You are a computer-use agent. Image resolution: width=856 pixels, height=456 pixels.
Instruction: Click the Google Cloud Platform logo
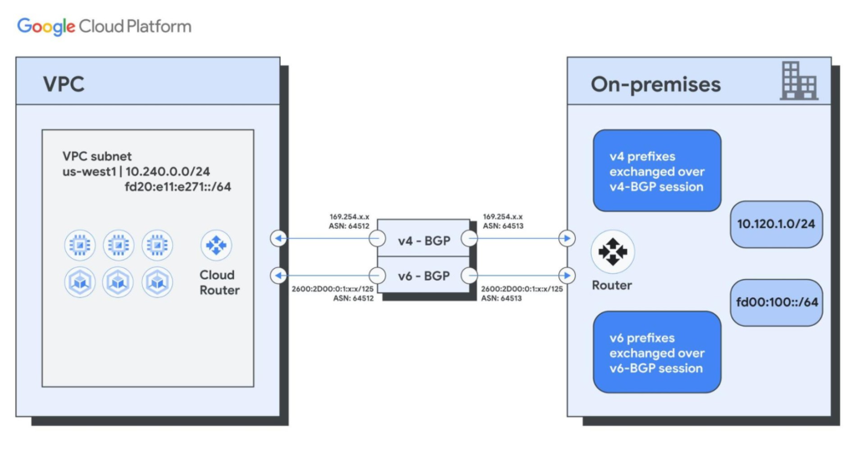click(x=104, y=26)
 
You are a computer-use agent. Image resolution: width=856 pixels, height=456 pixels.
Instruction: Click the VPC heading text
click(x=64, y=84)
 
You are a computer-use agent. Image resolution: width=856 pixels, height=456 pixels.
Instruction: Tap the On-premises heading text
click(x=655, y=84)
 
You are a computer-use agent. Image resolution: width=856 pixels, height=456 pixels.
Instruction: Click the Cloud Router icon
click(x=217, y=246)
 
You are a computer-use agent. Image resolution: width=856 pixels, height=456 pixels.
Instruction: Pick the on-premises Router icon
click(x=612, y=251)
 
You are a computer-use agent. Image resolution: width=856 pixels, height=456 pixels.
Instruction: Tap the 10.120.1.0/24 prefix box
click(x=776, y=225)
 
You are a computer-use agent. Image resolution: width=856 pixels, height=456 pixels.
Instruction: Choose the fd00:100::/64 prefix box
click(x=776, y=302)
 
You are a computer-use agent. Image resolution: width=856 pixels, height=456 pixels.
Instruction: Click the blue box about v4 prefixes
click(x=656, y=171)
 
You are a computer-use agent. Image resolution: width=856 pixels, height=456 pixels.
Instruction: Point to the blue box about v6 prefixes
click(x=656, y=352)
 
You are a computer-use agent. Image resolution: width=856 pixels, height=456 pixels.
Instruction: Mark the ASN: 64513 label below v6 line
click(x=502, y=298)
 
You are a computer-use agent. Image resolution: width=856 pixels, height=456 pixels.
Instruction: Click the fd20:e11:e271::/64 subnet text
click(x=177, y=186)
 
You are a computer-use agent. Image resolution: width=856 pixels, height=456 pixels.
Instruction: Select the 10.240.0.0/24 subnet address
click(x=168, y=171)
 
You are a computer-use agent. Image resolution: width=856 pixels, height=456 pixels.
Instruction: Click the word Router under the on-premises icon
click(x=612, y=285)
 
